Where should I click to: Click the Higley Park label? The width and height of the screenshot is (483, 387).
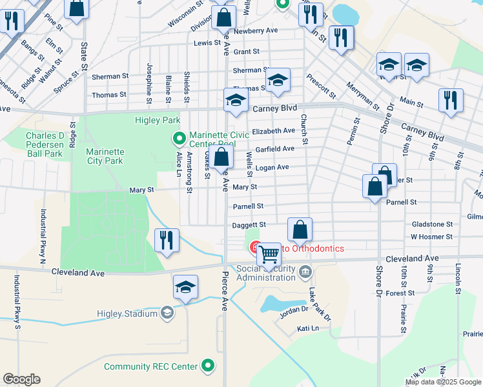click(x=157, y=120)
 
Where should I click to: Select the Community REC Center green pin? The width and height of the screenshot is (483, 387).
click(x=208, y=366)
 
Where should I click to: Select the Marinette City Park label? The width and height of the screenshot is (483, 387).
click(x=96, y=156)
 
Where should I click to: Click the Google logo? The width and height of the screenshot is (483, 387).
click(x=21, y=379)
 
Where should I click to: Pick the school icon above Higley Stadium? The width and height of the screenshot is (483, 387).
click(x=185, y=286)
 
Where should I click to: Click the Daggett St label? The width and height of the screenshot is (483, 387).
click(x=249, y=224)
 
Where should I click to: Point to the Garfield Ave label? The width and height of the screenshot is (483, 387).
click(x=275, y=148)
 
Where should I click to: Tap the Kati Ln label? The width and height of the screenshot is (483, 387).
click(x=308, y=328)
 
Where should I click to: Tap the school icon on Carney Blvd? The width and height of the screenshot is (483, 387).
click(x=236, y=100)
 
